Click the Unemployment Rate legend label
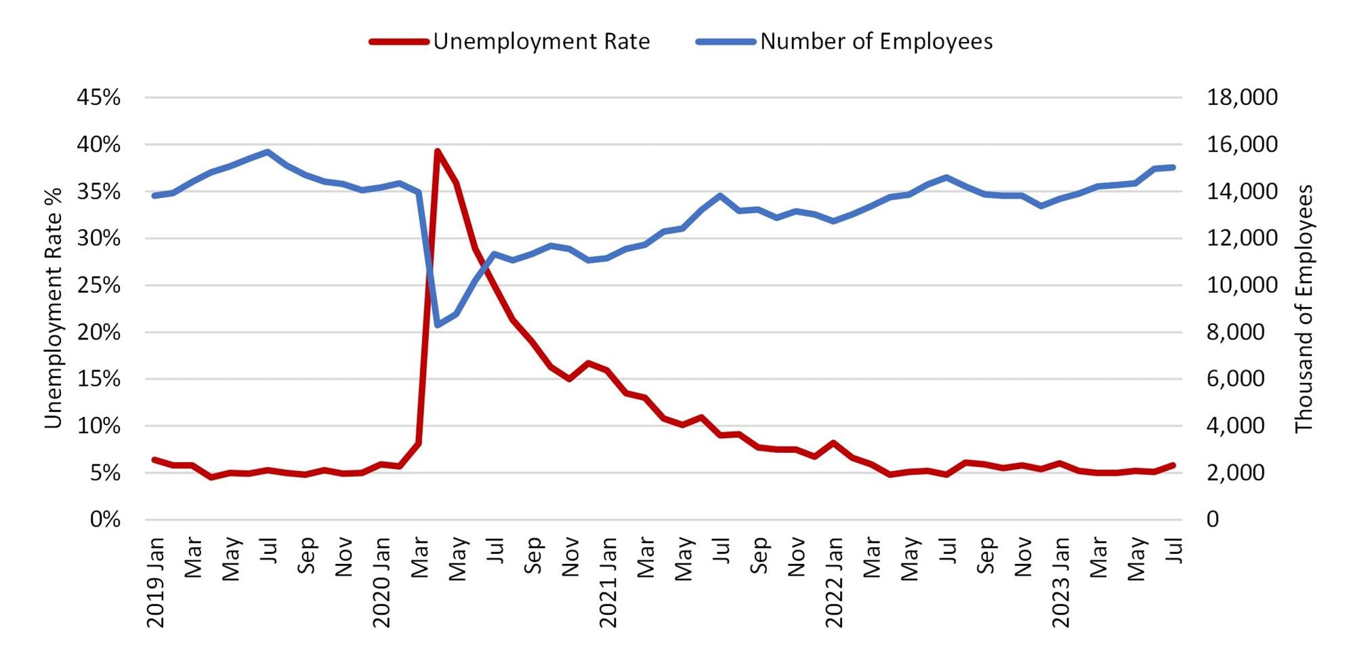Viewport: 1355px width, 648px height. tap(541, 41)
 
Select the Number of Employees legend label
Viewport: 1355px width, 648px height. tap(876, 41)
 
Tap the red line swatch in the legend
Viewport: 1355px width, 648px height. tap(399, 41)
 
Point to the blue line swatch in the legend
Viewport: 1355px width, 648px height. tap(726, 41)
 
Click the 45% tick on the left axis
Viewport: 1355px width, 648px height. tap(99, 98)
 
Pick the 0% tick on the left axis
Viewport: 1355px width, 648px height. tap(105, 520)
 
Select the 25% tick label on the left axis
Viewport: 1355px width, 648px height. tap(99, 285)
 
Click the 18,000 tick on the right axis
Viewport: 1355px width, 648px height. tap(1242, 98)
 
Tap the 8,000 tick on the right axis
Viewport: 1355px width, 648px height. tap(1235, 332)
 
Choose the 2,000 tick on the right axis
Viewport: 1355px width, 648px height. tap(1235, 472)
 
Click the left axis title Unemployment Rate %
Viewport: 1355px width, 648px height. tap(53, 308)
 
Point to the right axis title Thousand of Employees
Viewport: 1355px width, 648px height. tap(1304, 308)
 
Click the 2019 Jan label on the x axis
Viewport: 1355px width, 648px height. tap(156, 582)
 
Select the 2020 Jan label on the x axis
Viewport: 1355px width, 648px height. tap(382, 582)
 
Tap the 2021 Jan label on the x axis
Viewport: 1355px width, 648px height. tap(608, 582)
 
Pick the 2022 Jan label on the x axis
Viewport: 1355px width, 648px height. tap(834, 582)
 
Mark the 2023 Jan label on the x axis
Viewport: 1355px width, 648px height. tap(1060, 582)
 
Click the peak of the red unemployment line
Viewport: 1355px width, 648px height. tap(438, 151)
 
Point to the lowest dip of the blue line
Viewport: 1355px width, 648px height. tap(438, 325)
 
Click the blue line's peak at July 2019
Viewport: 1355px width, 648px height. tap(268, 152)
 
